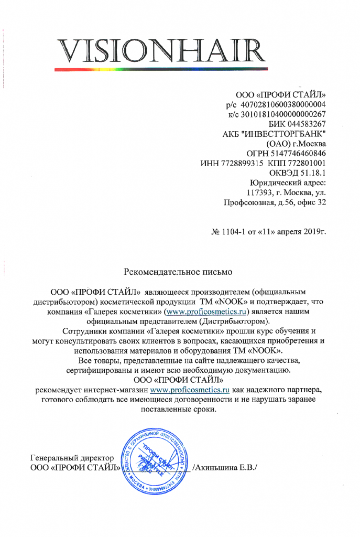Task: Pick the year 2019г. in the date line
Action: click(313, 231)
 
